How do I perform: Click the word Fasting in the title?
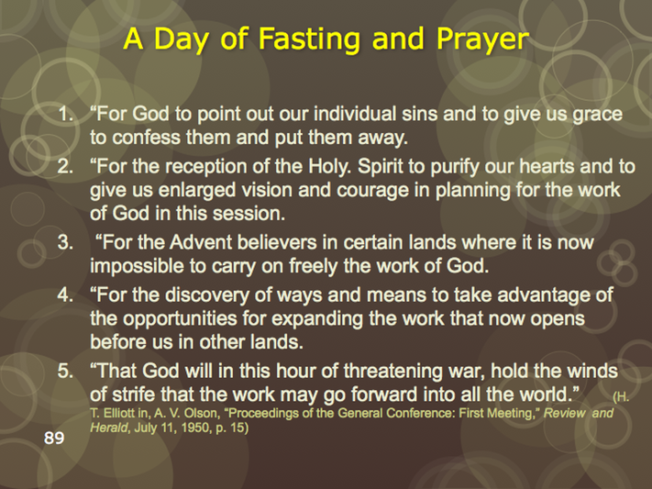coord(309,39)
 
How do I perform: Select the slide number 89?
coord(54,438)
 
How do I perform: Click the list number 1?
coord(66,114)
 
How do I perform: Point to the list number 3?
coord(66,242)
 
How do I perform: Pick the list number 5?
coord(66,371)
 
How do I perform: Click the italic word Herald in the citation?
coord(109,428)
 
